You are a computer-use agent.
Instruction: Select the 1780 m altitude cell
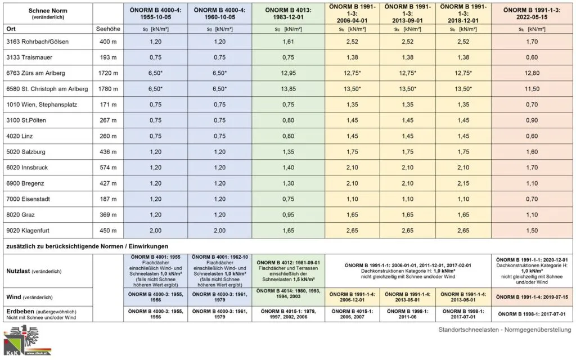[x=107, y=89]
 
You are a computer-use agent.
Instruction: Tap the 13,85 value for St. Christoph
[x=288, y=89]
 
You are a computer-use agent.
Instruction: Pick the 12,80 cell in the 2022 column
[x=532, y=73]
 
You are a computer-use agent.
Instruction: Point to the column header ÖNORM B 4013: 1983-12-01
[x=288, y=12]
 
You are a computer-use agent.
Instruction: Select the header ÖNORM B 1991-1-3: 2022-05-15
[x=532, y=12]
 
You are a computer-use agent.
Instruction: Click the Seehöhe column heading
[x=107, y=28]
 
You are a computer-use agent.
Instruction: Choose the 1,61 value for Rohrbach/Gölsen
[x=288, y=42]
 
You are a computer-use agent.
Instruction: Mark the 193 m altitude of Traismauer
[x=107, y=57]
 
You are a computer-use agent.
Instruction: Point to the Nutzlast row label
[x=19, y=271]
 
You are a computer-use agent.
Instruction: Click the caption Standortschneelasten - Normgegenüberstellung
[x=505, y=329]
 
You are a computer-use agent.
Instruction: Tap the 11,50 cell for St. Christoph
[x=532, y=89]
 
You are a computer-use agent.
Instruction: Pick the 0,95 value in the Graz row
[x=288, y=214]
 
